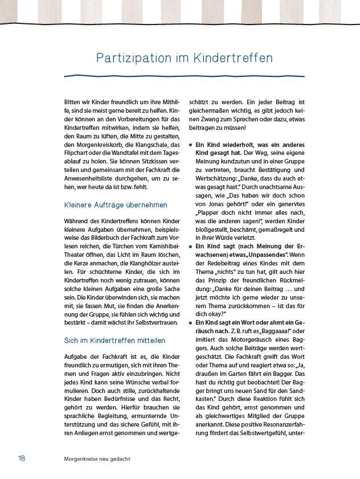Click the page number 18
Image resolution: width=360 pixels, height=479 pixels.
click(22, 458)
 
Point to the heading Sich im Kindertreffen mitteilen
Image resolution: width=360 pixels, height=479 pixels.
click(114, 340)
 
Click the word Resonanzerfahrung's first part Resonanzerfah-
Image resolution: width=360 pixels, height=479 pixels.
click(278, 424)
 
